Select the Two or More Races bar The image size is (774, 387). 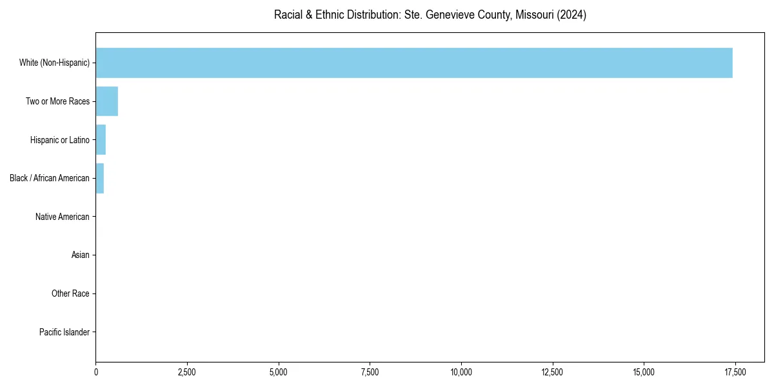point(107,101)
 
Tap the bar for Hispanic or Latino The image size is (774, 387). point(101,140)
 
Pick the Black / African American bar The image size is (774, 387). point(100,178)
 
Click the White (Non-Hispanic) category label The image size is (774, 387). point(54,63)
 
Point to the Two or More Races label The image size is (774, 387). point(57,101)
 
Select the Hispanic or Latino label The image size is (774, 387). point(59,140)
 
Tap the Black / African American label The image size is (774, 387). point(50,178)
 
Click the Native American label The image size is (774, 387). point(63,217)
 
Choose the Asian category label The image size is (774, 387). point(81,255)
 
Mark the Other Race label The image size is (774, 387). point(70,294)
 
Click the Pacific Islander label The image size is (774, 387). point(64,332)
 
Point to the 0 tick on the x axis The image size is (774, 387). point(96,372)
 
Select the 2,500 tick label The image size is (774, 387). point(187,372)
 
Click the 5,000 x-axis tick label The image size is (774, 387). point(279,372)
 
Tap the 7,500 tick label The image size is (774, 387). point(370,372)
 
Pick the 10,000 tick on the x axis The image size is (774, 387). point(461,372)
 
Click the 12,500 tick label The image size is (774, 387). point(553,372)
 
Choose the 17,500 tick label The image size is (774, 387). point(735,372)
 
